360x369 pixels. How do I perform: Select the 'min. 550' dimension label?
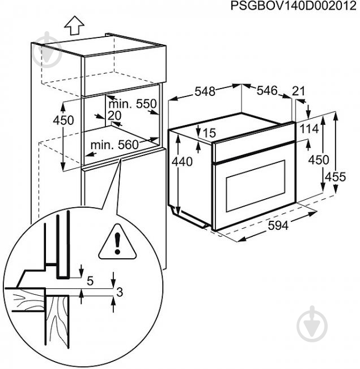[x=132, y=104]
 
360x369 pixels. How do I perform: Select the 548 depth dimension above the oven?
[x=205, y=91]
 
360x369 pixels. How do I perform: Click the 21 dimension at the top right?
[x=299, y=91]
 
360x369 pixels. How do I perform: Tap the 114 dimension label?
[x=309, y=129]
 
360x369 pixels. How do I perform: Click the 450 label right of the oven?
[x=319, y=160]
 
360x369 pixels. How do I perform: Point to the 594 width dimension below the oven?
[x=278, y=225]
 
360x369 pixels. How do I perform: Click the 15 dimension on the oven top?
[x=209, y=133]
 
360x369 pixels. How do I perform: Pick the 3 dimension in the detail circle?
[x=120, y=292]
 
